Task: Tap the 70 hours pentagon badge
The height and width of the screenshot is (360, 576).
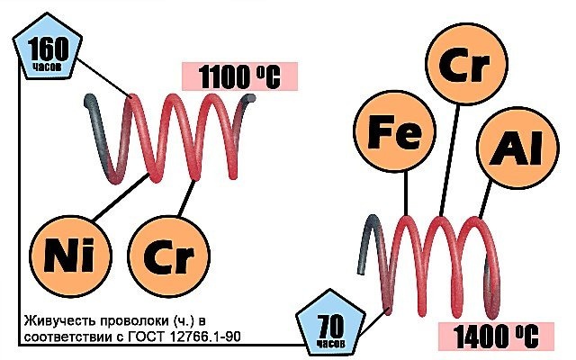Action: (x=330, y=323)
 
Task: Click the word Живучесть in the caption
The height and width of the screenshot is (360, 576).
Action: (x=56, y=321)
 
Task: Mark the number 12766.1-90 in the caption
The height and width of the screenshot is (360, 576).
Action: (x=206, y=337)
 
